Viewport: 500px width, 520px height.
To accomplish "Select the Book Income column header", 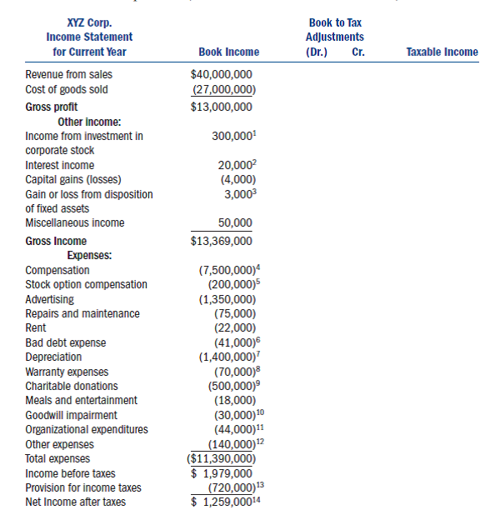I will point(228,52).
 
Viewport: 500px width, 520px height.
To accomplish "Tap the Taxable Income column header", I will point(442,52).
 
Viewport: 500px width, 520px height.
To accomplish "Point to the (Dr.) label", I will point(317,52).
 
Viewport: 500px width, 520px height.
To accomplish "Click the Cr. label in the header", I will point(358,52).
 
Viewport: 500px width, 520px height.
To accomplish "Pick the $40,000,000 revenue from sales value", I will point(222,75).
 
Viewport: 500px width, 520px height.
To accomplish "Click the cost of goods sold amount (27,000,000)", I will point(223,89).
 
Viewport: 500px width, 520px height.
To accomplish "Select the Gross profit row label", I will point(52,107).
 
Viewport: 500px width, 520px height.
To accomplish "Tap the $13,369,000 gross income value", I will point(222,241).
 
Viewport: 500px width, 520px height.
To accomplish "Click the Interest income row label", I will point(59,165).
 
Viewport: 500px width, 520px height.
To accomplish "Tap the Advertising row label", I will point(49,299).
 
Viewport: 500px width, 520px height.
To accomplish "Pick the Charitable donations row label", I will point(72,386).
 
